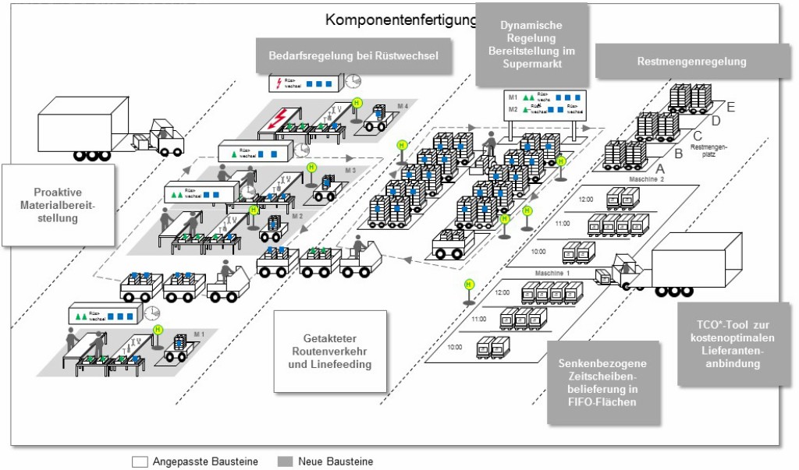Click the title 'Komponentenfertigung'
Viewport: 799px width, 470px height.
click(x=400, y=19)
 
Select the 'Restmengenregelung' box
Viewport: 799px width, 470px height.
click(x=691, y=61)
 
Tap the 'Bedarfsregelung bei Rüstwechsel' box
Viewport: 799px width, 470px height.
click(x=353, y=56)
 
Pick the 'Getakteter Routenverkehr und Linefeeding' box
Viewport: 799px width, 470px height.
click(x=330, y=350)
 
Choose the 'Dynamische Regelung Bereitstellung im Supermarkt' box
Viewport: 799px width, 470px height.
click(x=531, y=45)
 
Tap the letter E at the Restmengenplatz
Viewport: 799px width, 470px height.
click(x=730, y=108)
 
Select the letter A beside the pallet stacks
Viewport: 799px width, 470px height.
click(x=660, y=167)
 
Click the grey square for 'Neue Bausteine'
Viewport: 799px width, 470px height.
click(x=285, y=461)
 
